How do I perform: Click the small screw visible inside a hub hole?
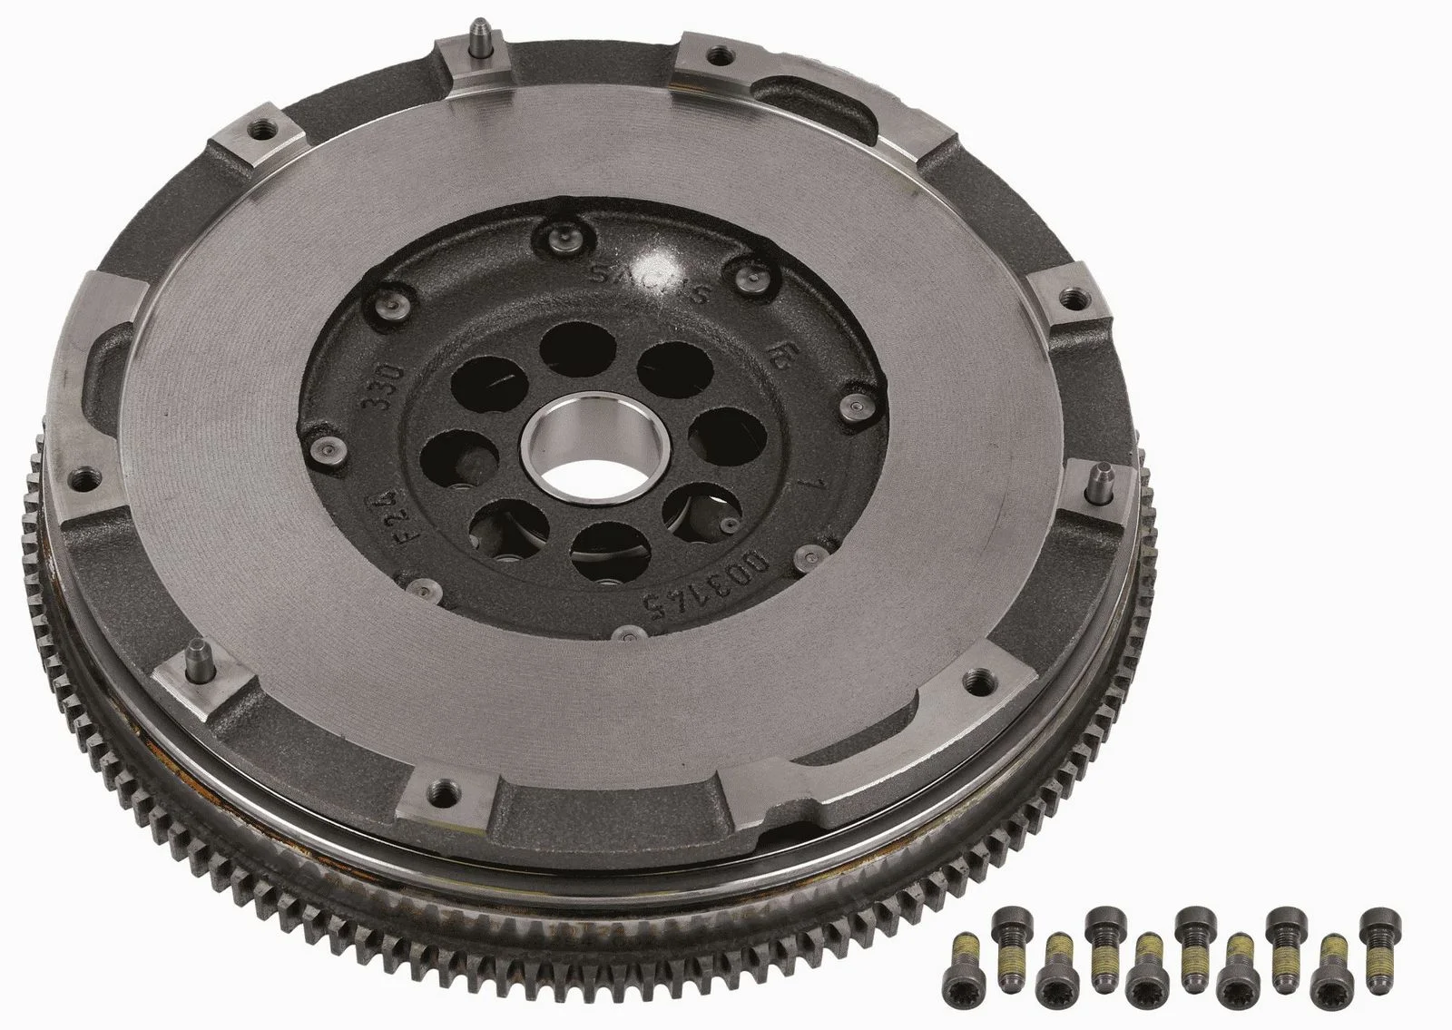click(725, 525)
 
